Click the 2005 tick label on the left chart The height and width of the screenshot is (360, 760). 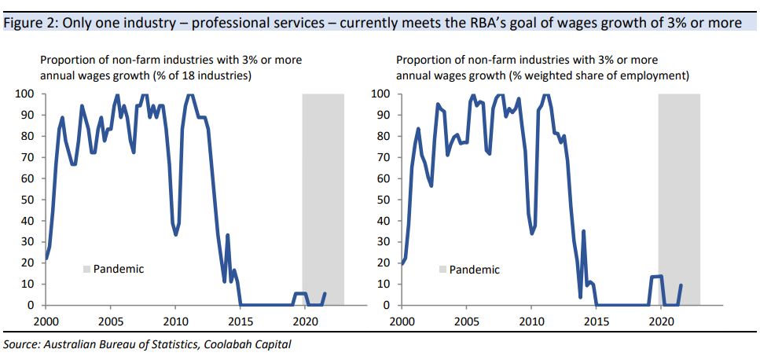pyautogui.click(x=110, y=321)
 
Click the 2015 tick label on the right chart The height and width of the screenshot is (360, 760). pyautogui.click(x=596, y=321)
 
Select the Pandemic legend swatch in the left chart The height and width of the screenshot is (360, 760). pyautogui.click(x=86, y=270)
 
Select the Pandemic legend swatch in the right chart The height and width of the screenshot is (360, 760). pyautogui.click(x=442, y=270)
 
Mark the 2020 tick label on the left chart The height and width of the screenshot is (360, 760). pyautogui.click(x=305, y=321)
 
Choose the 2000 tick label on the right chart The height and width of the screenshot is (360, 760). pyautogui.click(x=402, y=321)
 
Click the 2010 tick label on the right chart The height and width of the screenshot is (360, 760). pyautogui.click(x=531, y=321)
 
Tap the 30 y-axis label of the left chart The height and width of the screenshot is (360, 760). pyautogui.click(x=26, y=242)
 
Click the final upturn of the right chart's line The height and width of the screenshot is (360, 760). pyautogui.click(x=680, y=287)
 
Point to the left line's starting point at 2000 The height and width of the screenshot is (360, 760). pyautogui.click(x=46, y=259)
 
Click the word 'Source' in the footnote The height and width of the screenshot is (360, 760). pyautogui.click(x=21, y=344)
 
